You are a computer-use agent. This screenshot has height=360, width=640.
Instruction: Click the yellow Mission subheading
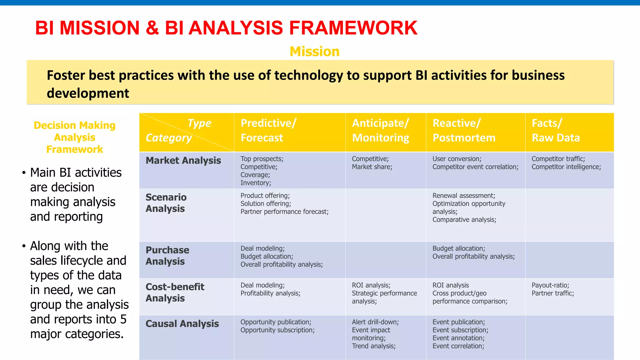(314, 52)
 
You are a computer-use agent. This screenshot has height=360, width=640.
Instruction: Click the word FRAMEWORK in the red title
(353, 28)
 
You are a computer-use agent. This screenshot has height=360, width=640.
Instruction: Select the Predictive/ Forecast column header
(268, 130)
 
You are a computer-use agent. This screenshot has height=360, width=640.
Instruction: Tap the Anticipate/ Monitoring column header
(380, 130)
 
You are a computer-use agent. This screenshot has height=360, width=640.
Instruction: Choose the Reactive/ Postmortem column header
(464, 130)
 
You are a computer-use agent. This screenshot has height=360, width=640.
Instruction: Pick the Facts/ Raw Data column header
(556, 130)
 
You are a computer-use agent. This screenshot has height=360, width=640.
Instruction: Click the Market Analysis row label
(183, 161)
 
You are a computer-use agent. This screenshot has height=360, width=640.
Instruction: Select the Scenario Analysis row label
(166, 203)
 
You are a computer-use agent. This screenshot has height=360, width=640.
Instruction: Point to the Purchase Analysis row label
(167, 256)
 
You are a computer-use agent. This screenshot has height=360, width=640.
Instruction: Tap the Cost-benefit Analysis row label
(175, 292)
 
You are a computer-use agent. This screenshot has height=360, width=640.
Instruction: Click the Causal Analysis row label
(182, 324)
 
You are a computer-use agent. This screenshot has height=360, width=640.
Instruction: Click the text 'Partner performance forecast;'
(284, 212)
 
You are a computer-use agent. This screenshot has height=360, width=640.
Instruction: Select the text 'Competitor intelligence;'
(566, 167)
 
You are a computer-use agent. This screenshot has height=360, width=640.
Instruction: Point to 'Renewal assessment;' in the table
(464, 196)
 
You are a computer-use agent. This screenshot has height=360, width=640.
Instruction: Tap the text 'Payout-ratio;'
(550, 285)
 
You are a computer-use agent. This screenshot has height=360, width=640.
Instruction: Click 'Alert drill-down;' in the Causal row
(375, 322)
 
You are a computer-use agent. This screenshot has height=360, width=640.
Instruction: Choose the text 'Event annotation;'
(458, 338)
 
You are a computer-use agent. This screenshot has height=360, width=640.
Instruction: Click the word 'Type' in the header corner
(199, 123)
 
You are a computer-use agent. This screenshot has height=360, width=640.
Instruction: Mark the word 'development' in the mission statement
(88, 93)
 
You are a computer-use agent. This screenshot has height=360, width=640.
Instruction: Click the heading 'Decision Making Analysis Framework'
(75, 137)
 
